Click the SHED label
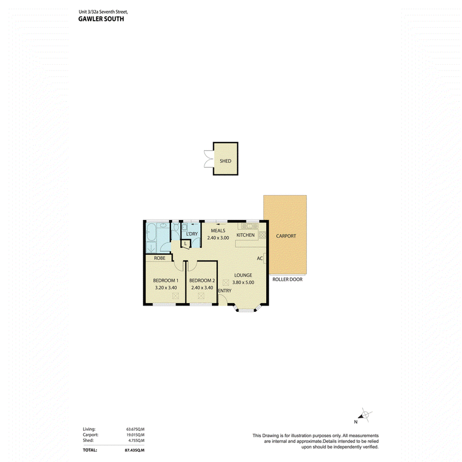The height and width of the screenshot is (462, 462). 225,161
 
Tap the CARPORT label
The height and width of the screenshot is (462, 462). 286,236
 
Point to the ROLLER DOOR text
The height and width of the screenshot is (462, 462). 287,280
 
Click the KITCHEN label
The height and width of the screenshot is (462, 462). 245,235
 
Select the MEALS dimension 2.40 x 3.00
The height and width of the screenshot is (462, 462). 218,238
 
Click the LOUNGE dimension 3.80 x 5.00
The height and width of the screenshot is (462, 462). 243,282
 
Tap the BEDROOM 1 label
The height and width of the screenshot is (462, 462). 166,281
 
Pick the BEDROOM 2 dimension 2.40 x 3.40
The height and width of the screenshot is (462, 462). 202,288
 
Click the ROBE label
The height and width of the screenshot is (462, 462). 160,258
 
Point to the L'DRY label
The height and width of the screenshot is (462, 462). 192,234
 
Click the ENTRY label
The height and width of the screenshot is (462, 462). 225,290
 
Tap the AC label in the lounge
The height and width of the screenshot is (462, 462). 259,258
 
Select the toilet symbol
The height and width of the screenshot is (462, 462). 176,227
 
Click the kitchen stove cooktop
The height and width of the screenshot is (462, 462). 262,235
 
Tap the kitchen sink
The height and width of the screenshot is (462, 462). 249,226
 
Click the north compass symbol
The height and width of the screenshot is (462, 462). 365,415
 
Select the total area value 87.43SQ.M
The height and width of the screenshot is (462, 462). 135,450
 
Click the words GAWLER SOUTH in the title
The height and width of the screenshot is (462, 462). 101,19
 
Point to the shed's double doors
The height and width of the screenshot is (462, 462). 208,159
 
